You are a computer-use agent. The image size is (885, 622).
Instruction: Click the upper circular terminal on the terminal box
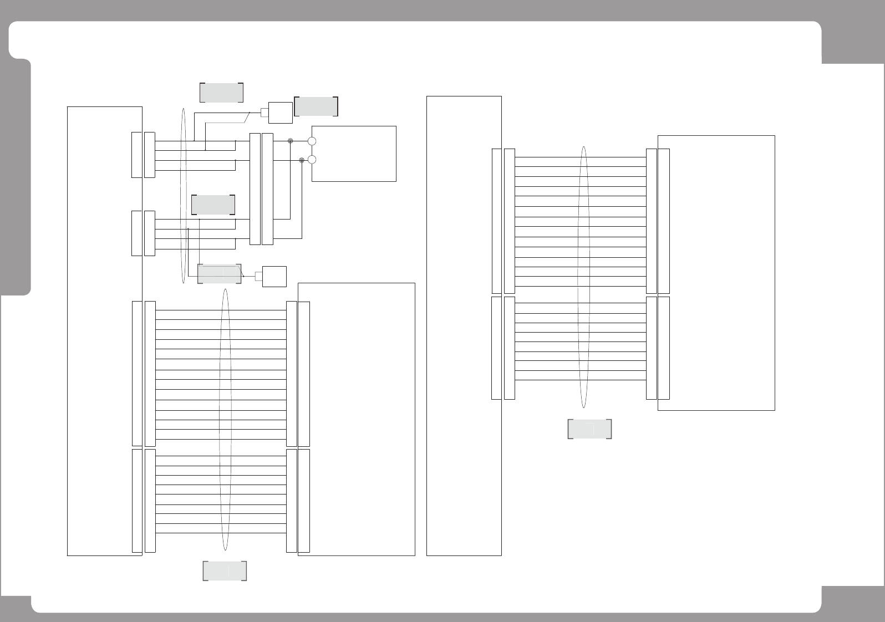tap(312, 141)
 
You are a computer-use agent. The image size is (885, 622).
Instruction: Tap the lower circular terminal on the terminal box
tap(312, 160)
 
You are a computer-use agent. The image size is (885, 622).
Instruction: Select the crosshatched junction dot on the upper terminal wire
tap(290, 141)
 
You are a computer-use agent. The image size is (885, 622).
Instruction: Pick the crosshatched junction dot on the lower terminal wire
tap(302, 160)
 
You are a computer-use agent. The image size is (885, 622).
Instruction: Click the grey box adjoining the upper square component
tap(316, 106)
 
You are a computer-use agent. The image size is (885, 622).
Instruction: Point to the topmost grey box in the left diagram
tap(221, 92)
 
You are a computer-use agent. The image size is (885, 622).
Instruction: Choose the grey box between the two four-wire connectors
tap(213, 205)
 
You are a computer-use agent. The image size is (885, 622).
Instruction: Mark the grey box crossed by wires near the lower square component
tap(220, 274)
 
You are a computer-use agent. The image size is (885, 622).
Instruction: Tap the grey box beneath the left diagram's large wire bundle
tap(225, 571)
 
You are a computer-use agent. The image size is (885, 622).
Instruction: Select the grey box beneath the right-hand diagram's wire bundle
tap(589, 429)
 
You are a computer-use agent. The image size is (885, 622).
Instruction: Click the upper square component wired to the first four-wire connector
tap(280, 113)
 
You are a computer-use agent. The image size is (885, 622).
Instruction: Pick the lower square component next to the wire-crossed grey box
tap(274, 277)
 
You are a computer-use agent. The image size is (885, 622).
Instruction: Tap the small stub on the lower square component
tap(259, 277)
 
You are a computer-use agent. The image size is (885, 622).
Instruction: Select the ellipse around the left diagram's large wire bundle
tap(225, 420)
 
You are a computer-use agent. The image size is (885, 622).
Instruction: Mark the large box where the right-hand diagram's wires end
tap(721, 272)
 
